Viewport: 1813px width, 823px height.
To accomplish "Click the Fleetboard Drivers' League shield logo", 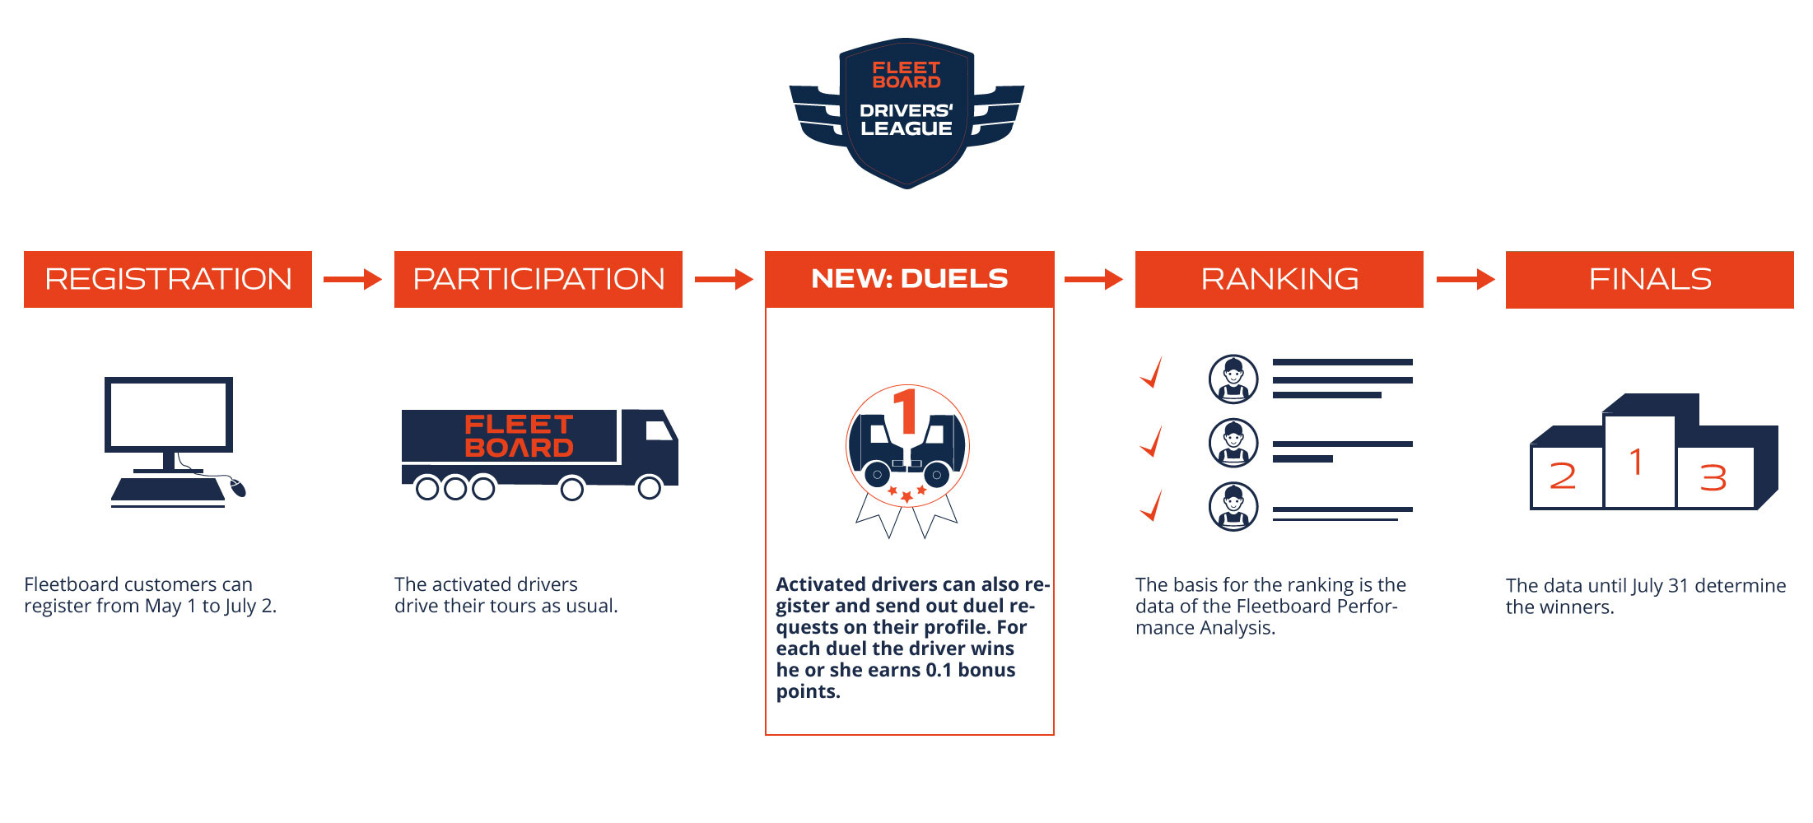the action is [x=906, y=113].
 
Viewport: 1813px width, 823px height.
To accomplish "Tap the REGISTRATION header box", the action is [x=168, y=279].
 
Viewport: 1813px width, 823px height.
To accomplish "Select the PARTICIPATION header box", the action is [x=538, y=279].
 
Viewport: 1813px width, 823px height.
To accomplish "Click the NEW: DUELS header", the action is [x=910, y=279].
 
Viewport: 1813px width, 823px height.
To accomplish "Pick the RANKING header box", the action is [x=1279, y=279].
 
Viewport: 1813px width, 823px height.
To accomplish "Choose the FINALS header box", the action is [x=1650, y=279].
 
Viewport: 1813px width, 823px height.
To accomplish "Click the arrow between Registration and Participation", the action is [x=352, y=280].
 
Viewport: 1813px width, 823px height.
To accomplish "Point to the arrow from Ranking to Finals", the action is [x=1466, y=280].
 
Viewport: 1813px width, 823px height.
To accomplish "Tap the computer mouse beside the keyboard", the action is [x=237, y=487].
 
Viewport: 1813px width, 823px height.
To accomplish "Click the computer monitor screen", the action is [x=169, y=415].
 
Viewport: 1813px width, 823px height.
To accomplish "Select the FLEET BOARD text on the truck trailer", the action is [x=519, y=436].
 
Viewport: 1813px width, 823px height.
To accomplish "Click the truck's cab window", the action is [x=659, y=430].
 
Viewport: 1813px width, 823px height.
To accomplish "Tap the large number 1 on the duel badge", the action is [x=906, y=411].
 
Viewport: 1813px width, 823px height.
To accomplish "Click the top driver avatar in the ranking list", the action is [x=1233, y=379].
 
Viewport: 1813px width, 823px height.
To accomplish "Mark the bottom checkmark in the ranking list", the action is [x=1153, y=505].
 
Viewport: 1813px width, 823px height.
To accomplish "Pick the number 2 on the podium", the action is [x=1563, y=476].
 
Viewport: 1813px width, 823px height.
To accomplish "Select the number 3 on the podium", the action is [x=1713, y=478].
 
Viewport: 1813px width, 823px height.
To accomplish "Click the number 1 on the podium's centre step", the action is [x=1637, y=462].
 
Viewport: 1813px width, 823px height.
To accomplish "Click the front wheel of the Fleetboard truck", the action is [x=650, y=488].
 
